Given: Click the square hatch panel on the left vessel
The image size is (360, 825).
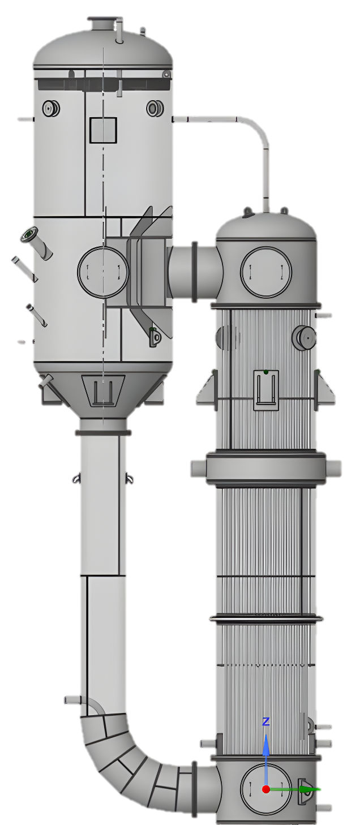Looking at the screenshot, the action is point(103,130).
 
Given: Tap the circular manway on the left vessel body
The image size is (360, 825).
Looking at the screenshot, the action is point(103,272).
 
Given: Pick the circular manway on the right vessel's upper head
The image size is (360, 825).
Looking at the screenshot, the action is point(265,272).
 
